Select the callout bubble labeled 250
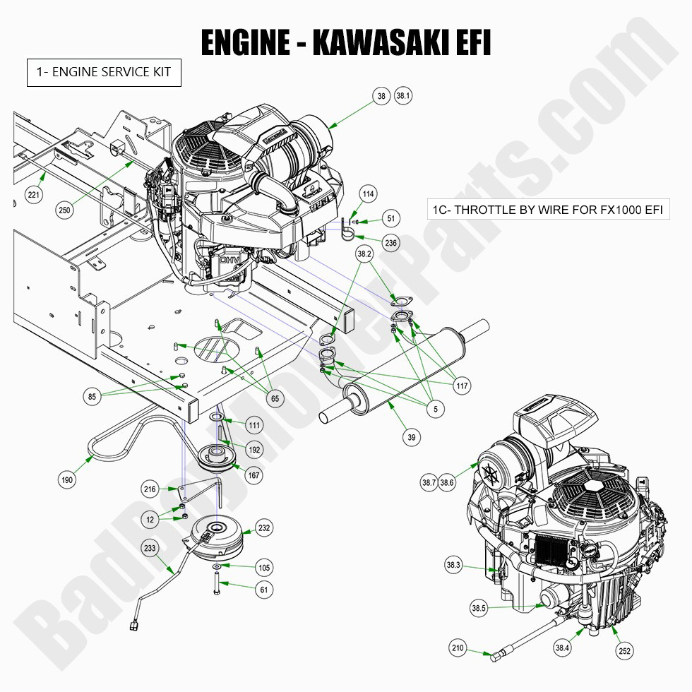point(66,209)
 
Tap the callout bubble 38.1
point(403,97)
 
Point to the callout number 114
point(368,193)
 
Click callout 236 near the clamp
point(390,242)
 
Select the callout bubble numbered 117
point(463,386)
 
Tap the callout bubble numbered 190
point(67,480)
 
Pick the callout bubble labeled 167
point(253,475)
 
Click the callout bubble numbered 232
point(264,527)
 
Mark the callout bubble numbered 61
point(263,589)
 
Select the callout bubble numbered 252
point(624,650)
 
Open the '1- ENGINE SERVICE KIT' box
point(104,73)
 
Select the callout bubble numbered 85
point(93,398)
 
